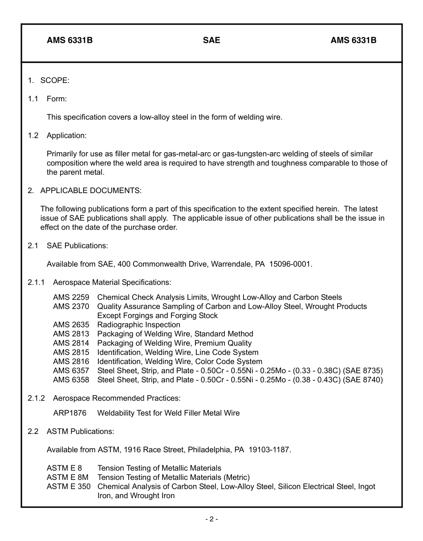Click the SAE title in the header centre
(x=211, y=41)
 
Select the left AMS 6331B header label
(x=69, y=41)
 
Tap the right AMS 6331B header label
(x=353, y=41)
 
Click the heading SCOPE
(x=55, y=81)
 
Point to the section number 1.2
(x=33, y=136)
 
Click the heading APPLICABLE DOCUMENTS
(x=91, y=191)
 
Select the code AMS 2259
(x=71, y=297)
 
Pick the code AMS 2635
(x=71, y=325)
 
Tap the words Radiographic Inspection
(x=138, y=325)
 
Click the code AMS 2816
(x=71, y=362)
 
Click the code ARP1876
(x=70, y=413)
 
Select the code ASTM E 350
(x=69, y=487)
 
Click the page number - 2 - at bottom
(x=211, y=519)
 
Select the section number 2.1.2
(x=37, y=398)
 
